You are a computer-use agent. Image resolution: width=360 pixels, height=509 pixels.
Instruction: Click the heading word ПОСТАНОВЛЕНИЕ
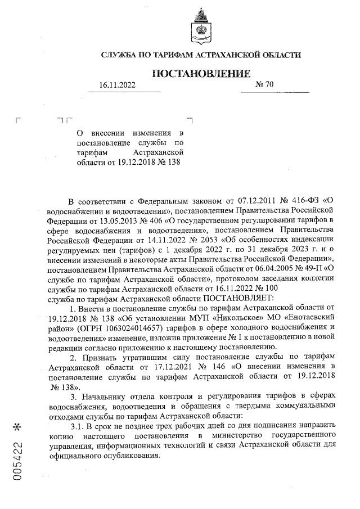[201, 73]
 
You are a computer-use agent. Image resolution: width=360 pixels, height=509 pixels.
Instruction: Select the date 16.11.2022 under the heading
[118, 85]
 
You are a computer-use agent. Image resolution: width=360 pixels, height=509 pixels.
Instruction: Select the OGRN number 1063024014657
[143, 327]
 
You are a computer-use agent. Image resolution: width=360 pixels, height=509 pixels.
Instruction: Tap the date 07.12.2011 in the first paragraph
[241, 201]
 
